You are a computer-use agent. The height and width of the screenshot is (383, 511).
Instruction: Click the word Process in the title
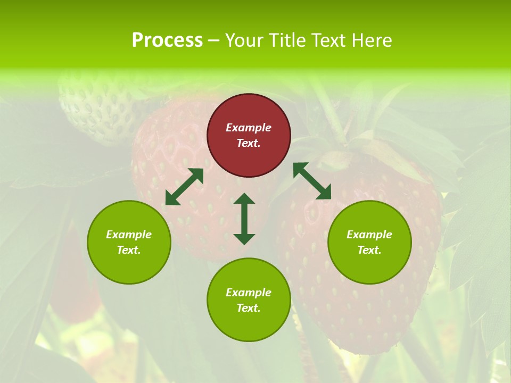pos(167,40)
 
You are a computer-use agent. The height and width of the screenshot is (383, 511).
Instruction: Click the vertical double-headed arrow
pos(244,219)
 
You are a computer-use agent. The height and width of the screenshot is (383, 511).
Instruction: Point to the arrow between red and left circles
pos(184,187)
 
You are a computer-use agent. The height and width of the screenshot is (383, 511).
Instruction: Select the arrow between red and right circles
pos(312,181)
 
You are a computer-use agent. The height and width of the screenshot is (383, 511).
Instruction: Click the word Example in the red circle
pos(249,128)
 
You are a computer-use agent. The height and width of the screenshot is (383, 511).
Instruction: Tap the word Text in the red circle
pos(248,143)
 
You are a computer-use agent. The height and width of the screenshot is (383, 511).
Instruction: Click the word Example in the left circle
pos(129,235)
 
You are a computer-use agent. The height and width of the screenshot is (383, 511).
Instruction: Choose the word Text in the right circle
pos(368,250)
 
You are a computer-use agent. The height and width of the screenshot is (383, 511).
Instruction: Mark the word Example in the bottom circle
pos(249,293)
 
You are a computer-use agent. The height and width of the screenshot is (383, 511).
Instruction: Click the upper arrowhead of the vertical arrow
pos(244,199)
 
